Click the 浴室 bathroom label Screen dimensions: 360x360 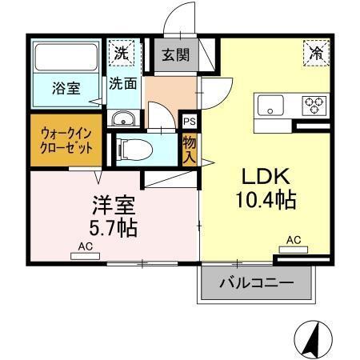(66, 88)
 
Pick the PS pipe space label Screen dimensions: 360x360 (189, 122)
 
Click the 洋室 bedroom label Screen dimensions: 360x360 (110, 203)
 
